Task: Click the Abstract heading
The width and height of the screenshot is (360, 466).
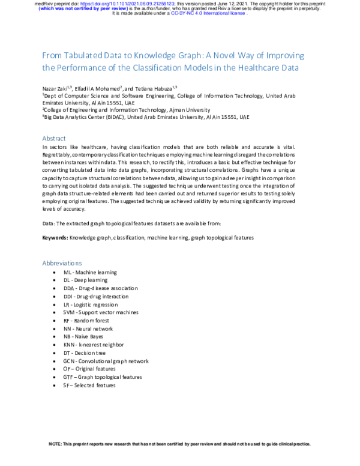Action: (x=54, y=138)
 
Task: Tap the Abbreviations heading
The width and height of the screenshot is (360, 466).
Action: (x=62, y=262)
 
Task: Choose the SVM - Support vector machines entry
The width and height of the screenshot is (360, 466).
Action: (x=100, y=312)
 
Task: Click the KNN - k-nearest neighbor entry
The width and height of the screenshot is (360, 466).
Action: (x=93, y=345)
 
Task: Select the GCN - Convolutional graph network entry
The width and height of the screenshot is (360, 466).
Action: (x=106, y=361)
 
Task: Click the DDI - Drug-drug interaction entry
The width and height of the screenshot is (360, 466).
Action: (x=95, y=296)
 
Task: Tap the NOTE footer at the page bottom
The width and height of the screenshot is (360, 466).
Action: (x=179, y=444)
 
